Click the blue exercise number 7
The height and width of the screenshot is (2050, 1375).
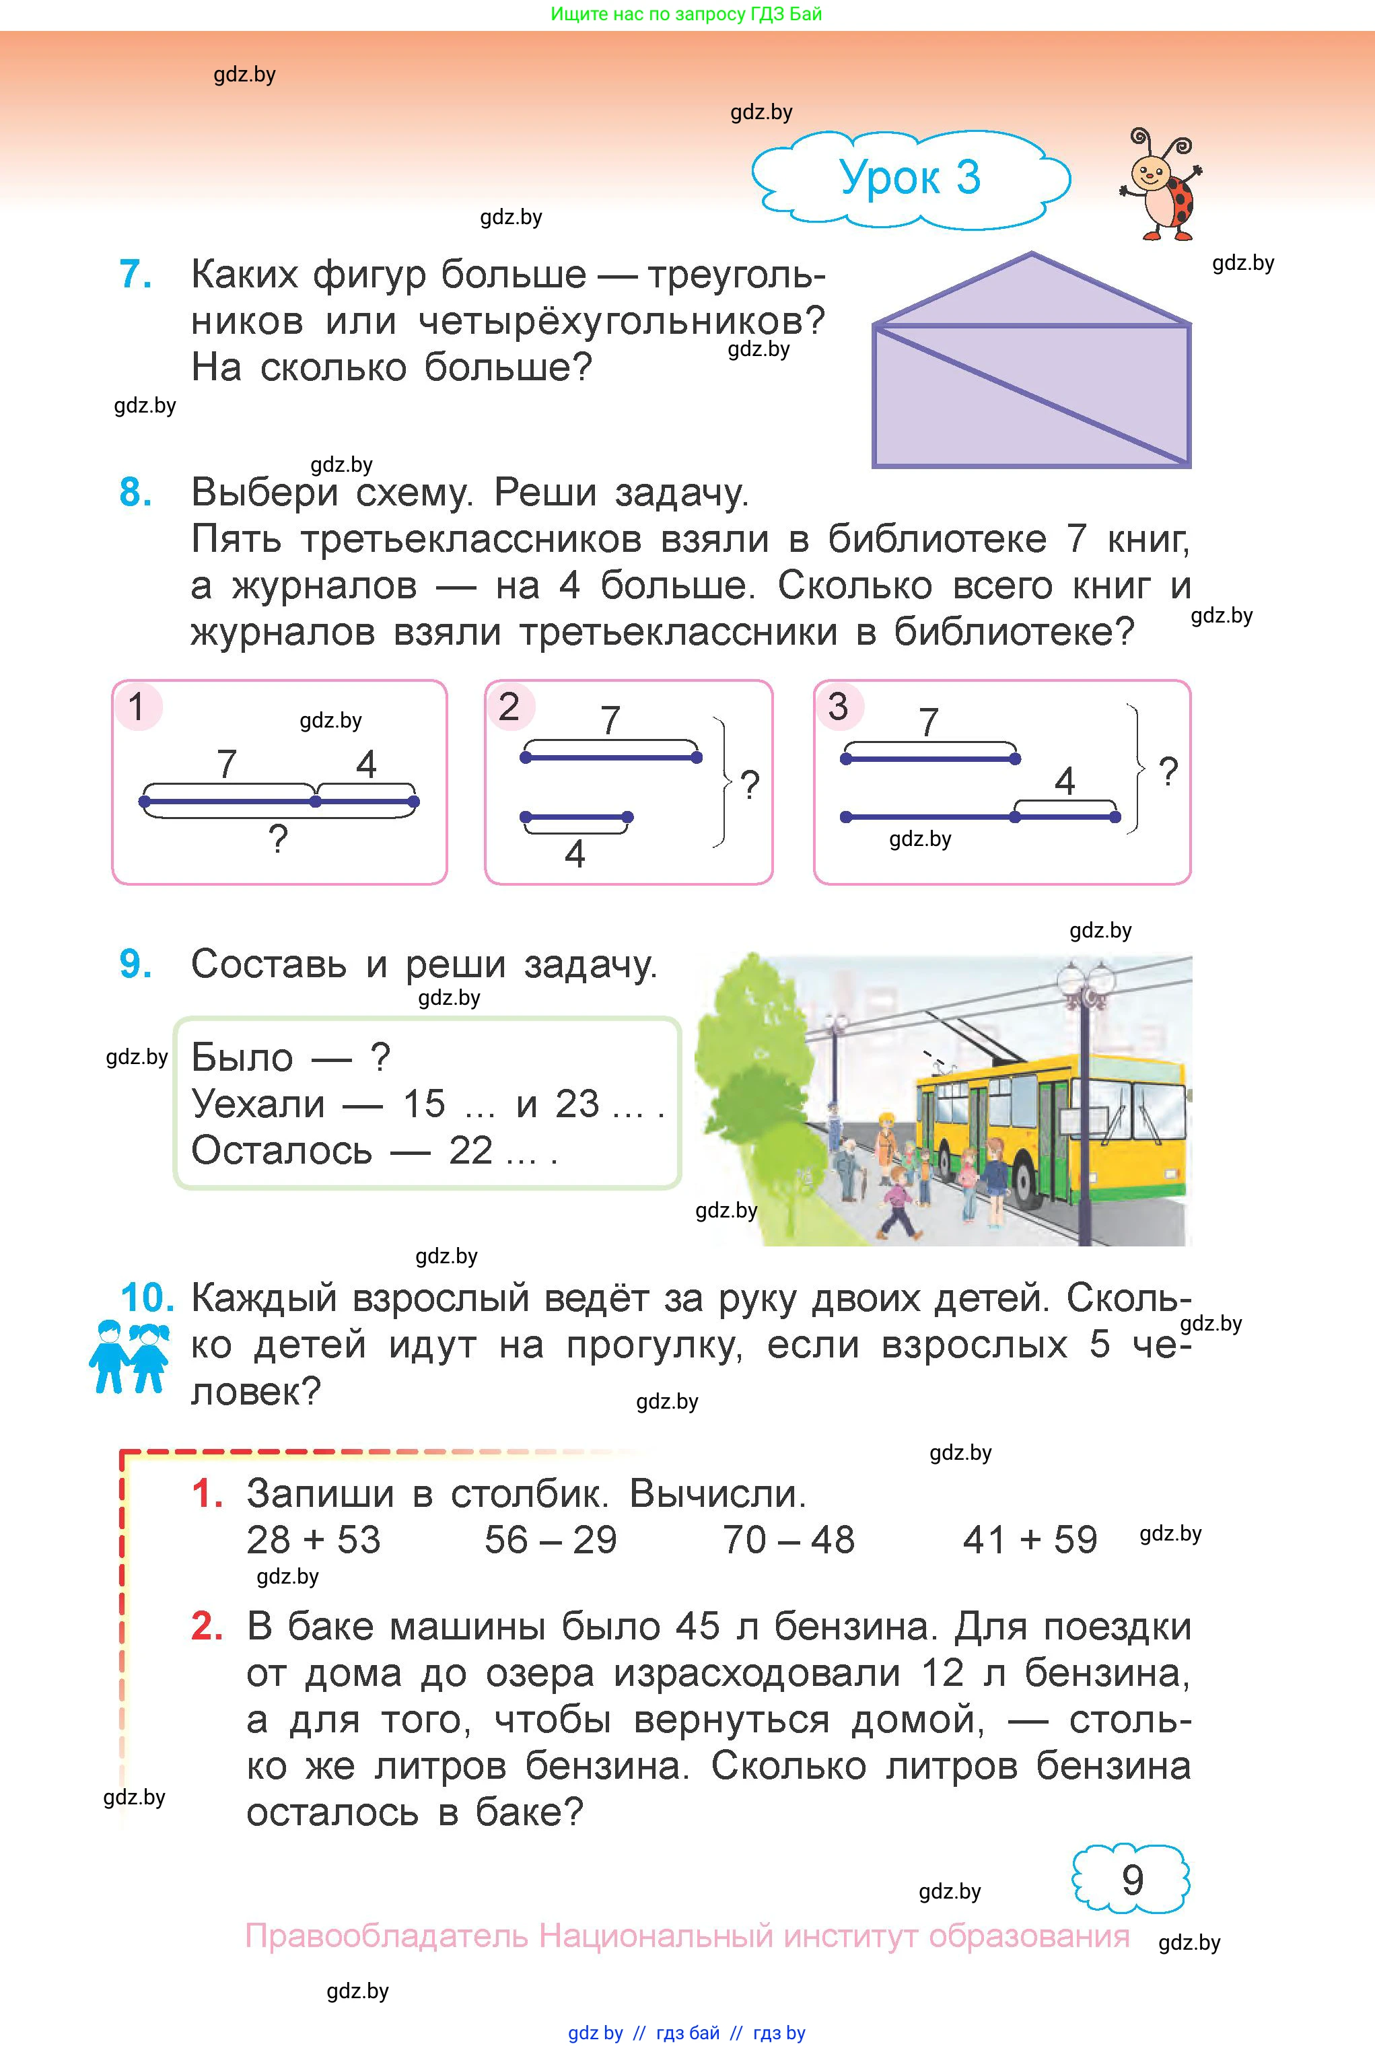pyautogui.click(x=135, y=275)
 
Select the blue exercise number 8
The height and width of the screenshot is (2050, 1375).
pyautogui.click(x=135, y=492)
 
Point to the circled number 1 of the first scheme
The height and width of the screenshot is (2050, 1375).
pyautogui.click(x=137, y=707)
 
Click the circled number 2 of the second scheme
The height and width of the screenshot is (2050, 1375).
pyautogui.click(x=509, y=707)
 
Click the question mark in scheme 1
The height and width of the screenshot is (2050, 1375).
pyautogui.click(x=278, y=840)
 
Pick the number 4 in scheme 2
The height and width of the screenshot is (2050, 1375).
pyautogui.click(x=574, y=853)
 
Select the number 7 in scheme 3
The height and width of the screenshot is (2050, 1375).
pyautogui.click(x=929, y=723)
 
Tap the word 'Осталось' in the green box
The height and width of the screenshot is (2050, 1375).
pyautogui.click(x=281, y=1150)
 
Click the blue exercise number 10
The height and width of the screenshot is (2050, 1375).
pyautogui.click(x=147, y=1298)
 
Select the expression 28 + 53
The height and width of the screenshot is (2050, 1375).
pyautogui.click(x=313, y=1540)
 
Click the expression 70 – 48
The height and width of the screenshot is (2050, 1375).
pyautogui.click(x=787, y=1540)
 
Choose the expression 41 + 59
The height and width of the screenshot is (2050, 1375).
pyautogui.click(x=1030, y=1540)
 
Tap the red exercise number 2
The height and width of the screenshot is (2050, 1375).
pyautogui.click(x=207, y=1627)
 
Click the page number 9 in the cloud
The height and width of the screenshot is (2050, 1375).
pyautogui.click(x=1132, y=1880)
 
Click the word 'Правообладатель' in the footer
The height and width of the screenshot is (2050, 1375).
pyautogui.click(x=385, y=1935)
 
